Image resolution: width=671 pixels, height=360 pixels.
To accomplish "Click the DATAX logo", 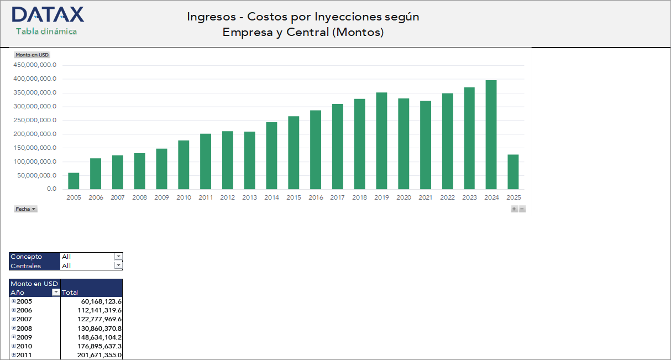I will tap(48, 15).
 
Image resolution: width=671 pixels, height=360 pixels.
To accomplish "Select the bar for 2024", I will tap(491, 135).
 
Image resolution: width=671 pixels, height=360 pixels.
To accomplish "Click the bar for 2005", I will tap(74, 181).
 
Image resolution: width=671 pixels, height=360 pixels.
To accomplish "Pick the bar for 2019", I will tap(381, 141).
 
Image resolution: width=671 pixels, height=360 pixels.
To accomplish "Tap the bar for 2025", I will tap(513, 172).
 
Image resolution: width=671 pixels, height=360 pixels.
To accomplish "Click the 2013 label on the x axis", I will tap(249, 197).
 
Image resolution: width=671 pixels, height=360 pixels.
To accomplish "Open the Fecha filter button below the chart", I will tap(25, 209).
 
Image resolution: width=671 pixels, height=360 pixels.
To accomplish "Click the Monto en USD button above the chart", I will tap(32, 55).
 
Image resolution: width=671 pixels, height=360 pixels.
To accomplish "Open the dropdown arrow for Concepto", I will tap(118, 257).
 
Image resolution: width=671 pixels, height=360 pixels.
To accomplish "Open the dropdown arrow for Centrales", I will tap(118, 265).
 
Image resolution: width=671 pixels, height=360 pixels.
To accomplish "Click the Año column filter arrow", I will tap(55, 293).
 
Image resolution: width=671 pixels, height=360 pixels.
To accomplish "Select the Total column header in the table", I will tap(70, 293).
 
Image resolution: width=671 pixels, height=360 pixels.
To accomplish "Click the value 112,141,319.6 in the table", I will tap(99, 310).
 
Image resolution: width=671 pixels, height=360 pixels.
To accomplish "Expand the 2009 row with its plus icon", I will tap(14, 337).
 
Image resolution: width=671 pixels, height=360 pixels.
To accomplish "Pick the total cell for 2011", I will tap(99, 355).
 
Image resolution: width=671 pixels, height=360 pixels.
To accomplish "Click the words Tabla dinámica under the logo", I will tap(46, 32).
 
